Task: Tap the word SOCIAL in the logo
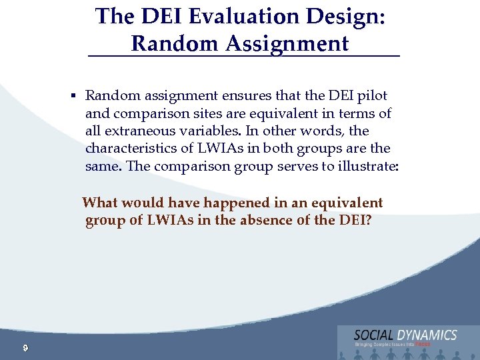(x=373, y=335)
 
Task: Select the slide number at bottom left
(x=24, y=347)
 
